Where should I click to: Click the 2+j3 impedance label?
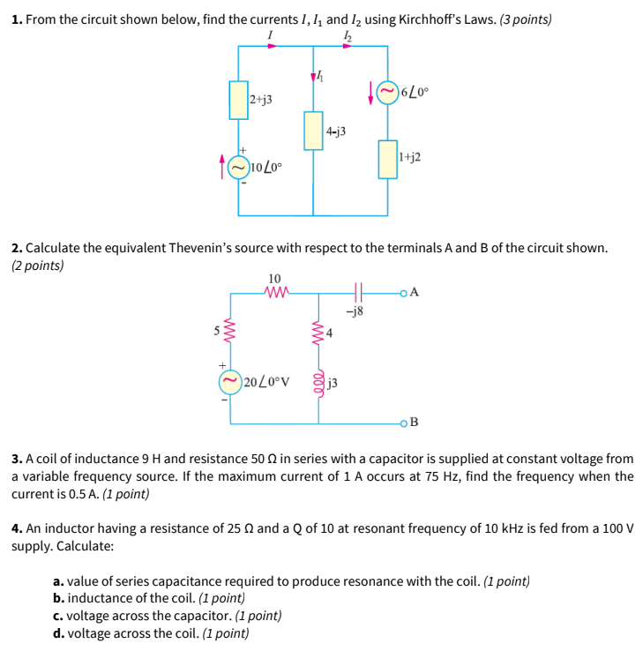click(261, 100)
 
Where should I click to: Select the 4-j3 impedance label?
click(335, 131)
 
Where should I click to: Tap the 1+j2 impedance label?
click(409, 157)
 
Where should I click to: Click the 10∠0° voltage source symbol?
click(238, 166)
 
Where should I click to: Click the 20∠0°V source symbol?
click(230, 381)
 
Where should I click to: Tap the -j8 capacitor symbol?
click(357, 291)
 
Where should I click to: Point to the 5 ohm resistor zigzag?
click(230, 332)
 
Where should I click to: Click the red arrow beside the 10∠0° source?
click(222, 165)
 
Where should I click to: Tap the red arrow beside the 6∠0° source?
click(370, 94)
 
